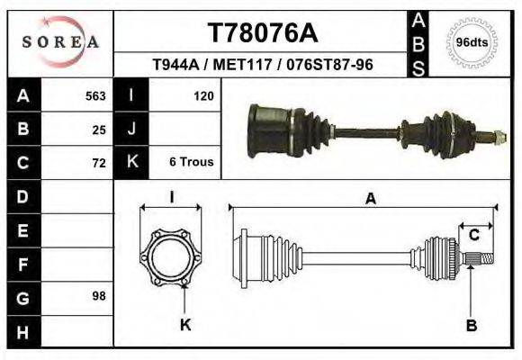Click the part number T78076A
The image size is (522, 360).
pyautogui.click(x=263, y=33)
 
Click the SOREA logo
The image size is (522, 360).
pyautogui.click(x=60, y=42)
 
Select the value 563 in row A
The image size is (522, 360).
pyautogui.click(x=95, y=96)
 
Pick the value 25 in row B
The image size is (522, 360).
pyautogui.click(x=99, y=130)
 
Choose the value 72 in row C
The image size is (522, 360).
pyautogui.click(x=99, y=163)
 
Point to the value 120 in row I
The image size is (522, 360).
pyautogui.click(x=202, y=95)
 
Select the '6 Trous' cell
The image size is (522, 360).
pyautogui.click(x=191, y=162)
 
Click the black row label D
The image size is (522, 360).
pyautogui.click(x=22, y=196)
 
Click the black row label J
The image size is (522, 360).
pyautogui.click(x=131, y=129)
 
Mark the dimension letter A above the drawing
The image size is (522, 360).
pyautogui.click(x=370, y=200)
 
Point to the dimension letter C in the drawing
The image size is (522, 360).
pyautogui.click(x=473, y=236)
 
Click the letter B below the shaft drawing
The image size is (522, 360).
pyautogui.click(x=471, y=325)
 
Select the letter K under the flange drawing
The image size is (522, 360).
pyautogui.click(x=185, y=325)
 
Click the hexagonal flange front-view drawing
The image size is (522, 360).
pyautogui.click(x=173, y=257)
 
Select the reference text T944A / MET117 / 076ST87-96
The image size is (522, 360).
pyautogui.click(x=263, y=65)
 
